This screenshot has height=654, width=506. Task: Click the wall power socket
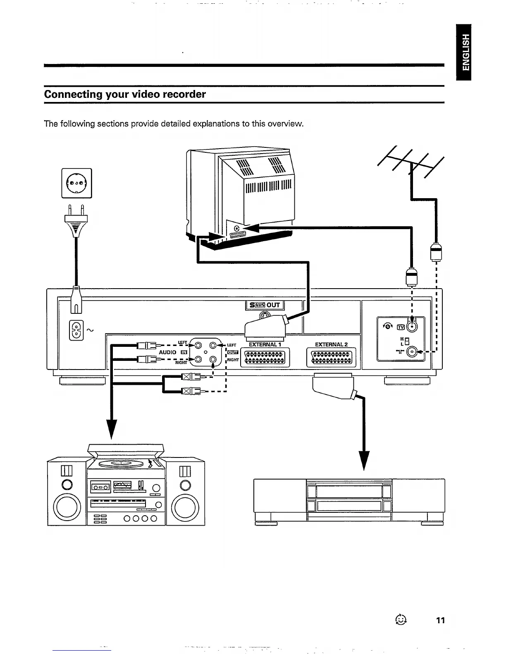(x=76, y=183)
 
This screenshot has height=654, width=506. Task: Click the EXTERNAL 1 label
(x=265, y=344)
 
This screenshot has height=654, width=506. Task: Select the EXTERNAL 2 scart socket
(x=331, y=358)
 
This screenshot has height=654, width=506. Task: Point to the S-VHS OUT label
(x=265, y=305)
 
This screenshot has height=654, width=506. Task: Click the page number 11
(x=440, y=620)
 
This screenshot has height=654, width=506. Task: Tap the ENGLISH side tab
(x=463, y=52)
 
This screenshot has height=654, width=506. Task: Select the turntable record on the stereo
(x=121, y=464)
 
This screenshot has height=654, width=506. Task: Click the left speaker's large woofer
(x=67, y=507)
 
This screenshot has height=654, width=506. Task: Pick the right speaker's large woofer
(x=185, y=507)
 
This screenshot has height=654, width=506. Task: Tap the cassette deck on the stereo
(x=100, y=487)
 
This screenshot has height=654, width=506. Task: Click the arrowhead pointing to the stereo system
(x=112, y=429)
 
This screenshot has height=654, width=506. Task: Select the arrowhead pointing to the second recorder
(x=364, y=460)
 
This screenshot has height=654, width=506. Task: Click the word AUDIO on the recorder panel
(x=167, y=352)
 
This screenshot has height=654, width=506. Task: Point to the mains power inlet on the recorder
(x=76, y=330)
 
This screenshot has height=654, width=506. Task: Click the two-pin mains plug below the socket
(x=76, y=220)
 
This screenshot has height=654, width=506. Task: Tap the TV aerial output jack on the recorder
(x=412, y=326)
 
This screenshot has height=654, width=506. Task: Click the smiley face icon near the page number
(x=401, y=619)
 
